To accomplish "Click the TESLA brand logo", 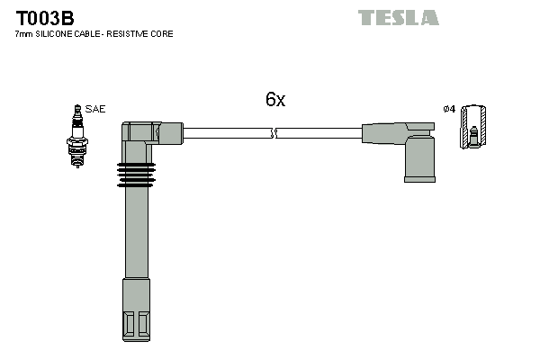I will click(398, 17).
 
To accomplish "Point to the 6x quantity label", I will click(274, 100).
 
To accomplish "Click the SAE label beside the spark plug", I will click(95, 109).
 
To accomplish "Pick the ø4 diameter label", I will click(449, 110).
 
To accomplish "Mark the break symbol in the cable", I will click(274, 133).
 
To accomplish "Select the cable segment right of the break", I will click(319, 133).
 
